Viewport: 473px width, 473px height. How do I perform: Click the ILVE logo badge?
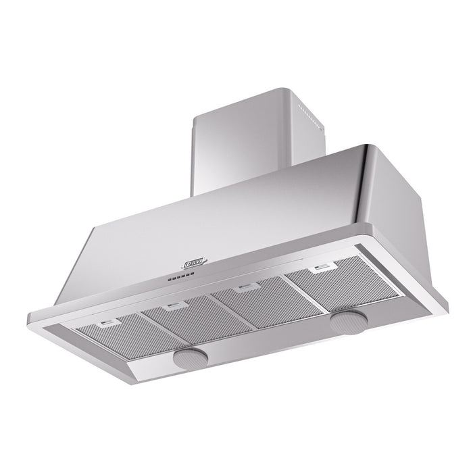pos(195,258)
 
